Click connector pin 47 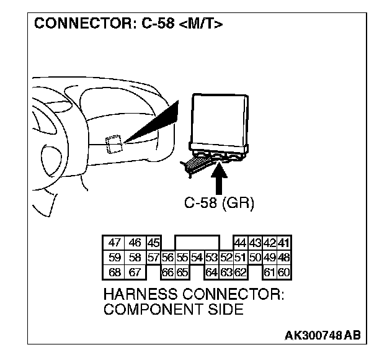pyautogui.click(x=115, y=243)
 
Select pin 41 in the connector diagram pyautogui.click(x=285, y=243)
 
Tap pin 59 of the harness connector pyautogui.click(x=115, y=258)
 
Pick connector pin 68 pyautogui.click(x=115, y=272)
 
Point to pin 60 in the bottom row pyautogui.click(x=285, y=272)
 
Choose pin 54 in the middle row pyautogui.click(x=197, y=258)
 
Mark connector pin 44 pyautogui.click(x=240, y=243)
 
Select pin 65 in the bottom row pyautogui.click(x=182, y=272)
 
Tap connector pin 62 pyautogui.click(x=241, y=272)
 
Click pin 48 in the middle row pyautogui.click(x=285, y=258)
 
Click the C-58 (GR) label pyautogui.click(x=220, y=204)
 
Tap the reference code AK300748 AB pyautogui.click(x=322, y=336)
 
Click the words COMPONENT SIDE pyautogui.click(x=174, y=309)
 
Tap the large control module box pyautogui.click(x=220, y=121)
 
